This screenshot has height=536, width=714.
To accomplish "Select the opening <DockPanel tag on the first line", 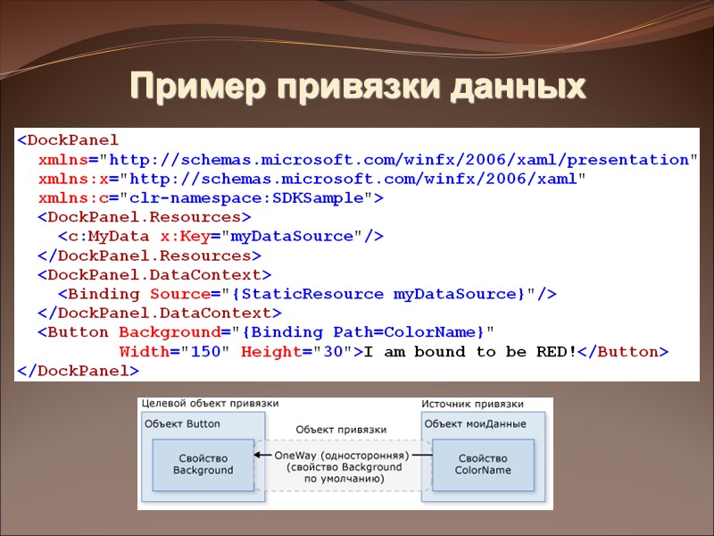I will [x=67, y=140].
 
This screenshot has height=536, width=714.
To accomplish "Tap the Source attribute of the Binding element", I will [x=179, y=294].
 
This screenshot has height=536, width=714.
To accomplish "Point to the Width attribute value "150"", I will [x=205, y=352].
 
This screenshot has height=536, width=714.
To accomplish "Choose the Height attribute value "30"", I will [x=333, y=352].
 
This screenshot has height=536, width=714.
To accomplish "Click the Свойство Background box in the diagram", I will [x=203, y=464].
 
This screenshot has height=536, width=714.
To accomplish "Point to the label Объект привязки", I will [x=341, y=430].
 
